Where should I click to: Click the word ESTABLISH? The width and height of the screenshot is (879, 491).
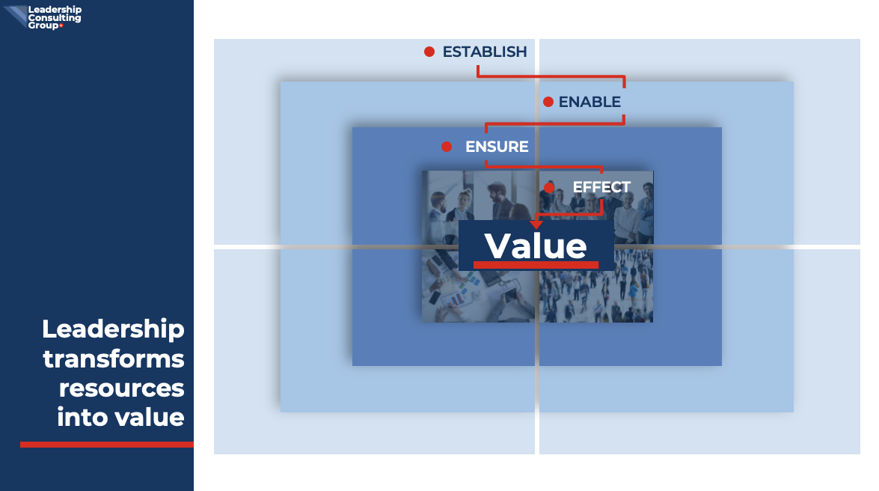485,52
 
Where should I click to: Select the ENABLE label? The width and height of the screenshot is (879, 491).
589,102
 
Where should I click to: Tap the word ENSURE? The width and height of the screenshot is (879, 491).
497,147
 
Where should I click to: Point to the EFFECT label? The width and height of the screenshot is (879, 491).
601,187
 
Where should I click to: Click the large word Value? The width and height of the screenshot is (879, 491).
536,246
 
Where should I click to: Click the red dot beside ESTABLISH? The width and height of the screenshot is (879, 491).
429,52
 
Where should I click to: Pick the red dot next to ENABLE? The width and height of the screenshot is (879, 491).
548,102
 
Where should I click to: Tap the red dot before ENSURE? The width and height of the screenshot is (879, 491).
446,147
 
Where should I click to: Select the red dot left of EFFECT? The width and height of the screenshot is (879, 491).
549,187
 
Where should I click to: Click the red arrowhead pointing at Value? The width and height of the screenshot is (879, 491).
536,224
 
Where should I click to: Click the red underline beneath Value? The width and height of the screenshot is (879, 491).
536,265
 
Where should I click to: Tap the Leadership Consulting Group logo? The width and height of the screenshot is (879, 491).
43,16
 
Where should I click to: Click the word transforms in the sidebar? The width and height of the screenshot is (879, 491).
113,359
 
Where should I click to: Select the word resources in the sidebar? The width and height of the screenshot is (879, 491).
122,388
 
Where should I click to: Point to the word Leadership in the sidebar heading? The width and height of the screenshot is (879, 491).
113,329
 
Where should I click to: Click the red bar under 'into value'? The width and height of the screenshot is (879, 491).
107,445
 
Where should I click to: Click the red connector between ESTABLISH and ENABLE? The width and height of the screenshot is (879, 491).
551,76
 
